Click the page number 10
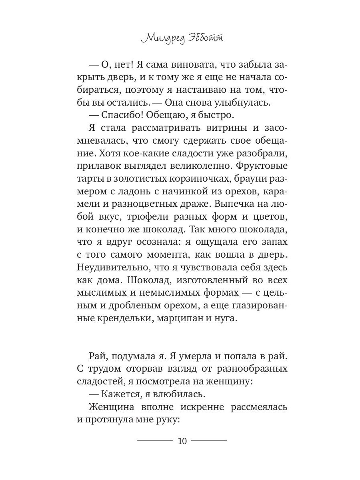[x=182, y=441]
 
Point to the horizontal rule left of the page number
[x=155, y=440]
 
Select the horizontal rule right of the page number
[x=209, y=440]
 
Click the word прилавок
[x=97, y=165]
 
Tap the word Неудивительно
[x=110, y=267]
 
